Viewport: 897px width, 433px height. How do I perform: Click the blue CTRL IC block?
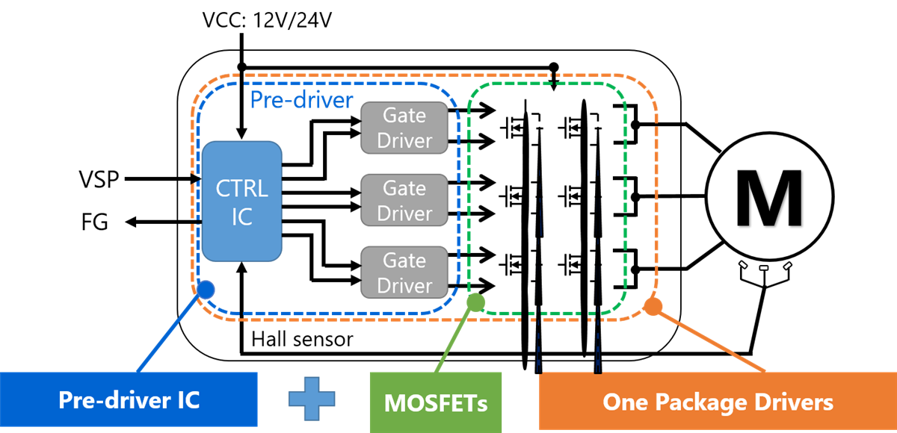pyautogui.click(x=241, y=202)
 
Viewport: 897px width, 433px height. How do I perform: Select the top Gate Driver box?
pyautogui.click(x=404, y=128)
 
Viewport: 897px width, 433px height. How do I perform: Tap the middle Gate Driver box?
pyautogui.click(x=404, y=200)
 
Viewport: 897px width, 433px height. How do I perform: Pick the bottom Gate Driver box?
pyautogui.click(x=404, y=272)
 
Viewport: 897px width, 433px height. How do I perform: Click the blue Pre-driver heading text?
pyautogui.click(x=300, y=100)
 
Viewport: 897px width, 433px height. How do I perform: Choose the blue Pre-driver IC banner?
pyautogui.click(x=129, y=399)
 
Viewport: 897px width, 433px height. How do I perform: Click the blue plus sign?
pyautogui.click(x=312, y=399)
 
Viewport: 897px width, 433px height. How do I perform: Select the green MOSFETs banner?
pyautogui.click(x=435, y=402)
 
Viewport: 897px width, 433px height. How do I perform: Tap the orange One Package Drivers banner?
pyautogui.click(x=717, y=402)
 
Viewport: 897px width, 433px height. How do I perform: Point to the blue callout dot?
pyautogui.click(x=205, y=290)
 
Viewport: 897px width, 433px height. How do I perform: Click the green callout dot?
pyautogui.click(x=475, y=302)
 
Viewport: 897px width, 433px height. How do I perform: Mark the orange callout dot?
pyautogui.click(x=653, y=305)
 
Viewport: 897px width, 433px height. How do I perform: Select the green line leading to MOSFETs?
pyautogui.click(x=456, y=337)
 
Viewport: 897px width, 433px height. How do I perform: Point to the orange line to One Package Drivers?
pyautogui.click(x=710, y=339)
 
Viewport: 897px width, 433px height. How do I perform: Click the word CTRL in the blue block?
pyautogui.click(x=241, y=187)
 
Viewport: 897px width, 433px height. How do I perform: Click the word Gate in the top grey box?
pyautogui.click(x=404, y=116)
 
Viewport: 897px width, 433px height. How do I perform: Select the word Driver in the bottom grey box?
pyautogui.click(x=404, y=285)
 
